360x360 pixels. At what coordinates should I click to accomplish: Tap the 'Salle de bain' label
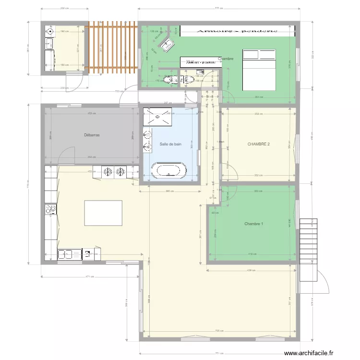pos(170,144)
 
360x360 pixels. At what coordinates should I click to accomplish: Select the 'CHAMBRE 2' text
pos(259,144)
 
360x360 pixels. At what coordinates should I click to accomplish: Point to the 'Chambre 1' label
pos(253,224)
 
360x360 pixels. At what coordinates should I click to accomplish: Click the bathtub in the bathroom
pos(168,171)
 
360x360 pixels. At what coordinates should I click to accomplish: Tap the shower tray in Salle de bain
pos(157,117)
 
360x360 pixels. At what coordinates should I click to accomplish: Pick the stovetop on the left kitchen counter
pos(50,209)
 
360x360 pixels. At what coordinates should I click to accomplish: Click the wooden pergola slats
pos(112,48)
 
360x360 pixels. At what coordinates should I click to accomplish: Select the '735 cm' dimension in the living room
pos(217,331)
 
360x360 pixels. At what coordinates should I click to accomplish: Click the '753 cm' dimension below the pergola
pos(117,91)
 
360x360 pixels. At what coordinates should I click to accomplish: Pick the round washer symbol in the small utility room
pos(50,32)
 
